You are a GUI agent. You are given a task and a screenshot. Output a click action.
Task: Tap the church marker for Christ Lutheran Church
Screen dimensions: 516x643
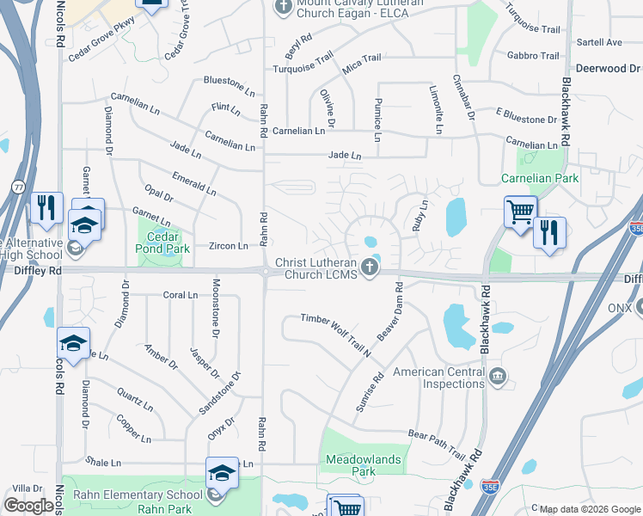370,267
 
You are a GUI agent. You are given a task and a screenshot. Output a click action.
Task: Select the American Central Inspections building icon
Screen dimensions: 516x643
498,375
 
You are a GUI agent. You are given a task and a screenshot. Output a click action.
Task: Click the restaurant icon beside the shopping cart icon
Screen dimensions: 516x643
548,232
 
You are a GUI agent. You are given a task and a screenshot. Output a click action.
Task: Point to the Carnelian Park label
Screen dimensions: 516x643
540,178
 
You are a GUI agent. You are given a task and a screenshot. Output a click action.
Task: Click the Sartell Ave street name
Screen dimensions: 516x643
599,42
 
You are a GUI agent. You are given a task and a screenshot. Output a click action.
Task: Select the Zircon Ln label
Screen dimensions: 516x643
228,246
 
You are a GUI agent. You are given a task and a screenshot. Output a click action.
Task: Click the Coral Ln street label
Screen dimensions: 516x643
181,295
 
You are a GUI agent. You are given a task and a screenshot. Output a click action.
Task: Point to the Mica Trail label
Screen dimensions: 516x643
363,58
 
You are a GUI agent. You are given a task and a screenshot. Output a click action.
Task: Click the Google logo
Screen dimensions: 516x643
28,506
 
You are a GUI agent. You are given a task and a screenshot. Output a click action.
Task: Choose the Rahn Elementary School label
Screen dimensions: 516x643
138,494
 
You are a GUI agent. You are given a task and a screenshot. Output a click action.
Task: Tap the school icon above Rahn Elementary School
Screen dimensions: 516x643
222,472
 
